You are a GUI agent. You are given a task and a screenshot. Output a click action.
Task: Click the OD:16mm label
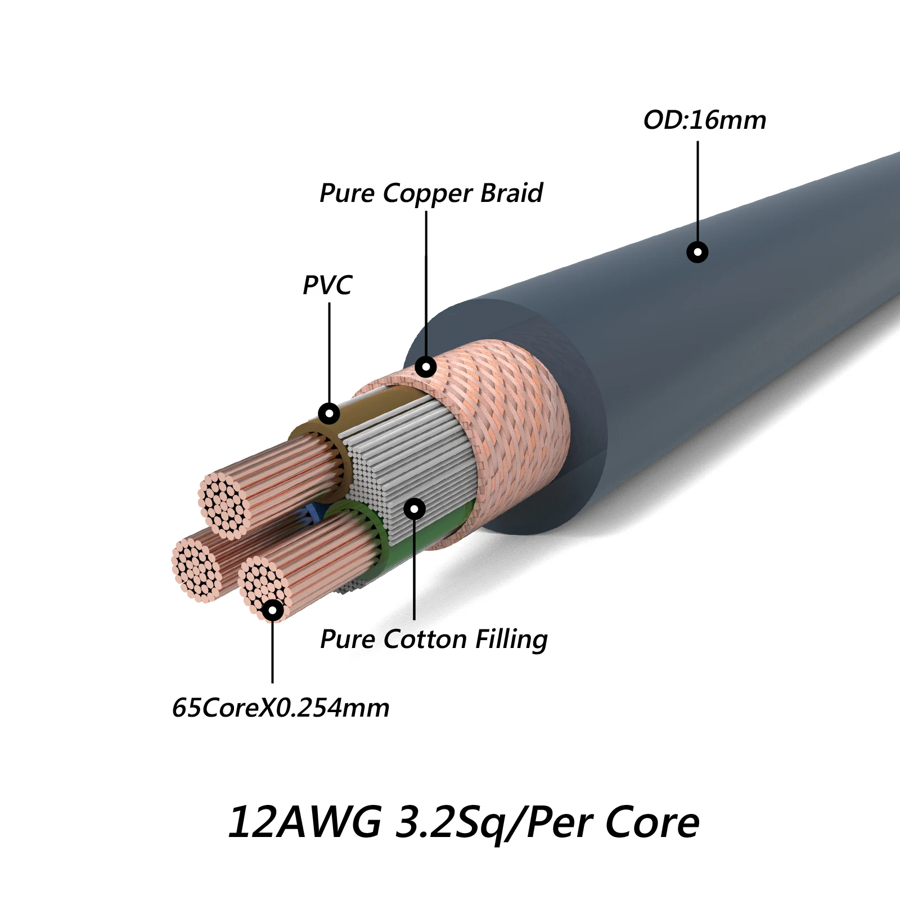[704, 120]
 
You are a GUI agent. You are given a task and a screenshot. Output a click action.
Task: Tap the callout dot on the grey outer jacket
[697, 252]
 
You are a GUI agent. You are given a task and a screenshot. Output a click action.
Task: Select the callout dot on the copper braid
[426, 367]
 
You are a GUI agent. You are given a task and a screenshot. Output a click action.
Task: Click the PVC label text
[327, 285]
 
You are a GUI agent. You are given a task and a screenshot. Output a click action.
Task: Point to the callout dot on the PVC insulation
[329, 414]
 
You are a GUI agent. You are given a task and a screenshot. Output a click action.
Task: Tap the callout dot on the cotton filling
[415, 509]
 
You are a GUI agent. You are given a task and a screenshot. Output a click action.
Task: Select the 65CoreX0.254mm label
[280, 708]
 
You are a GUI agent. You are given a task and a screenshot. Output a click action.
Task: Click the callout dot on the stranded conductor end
[273, 610]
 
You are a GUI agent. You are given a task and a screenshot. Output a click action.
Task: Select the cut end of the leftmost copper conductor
[196, 569]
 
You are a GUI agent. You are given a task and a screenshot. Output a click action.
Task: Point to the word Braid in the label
[512, 193]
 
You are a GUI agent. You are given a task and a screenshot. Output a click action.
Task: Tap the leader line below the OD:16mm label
[697, 191]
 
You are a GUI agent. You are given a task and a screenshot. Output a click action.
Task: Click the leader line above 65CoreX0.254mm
[272, 652]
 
